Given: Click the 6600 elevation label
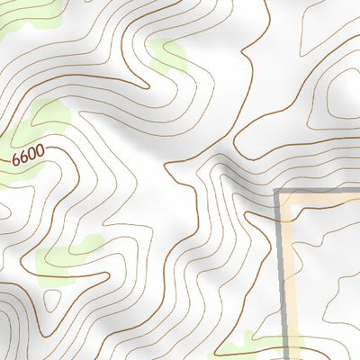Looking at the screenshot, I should [28, 157].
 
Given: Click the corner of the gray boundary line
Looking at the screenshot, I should [277, 193].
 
